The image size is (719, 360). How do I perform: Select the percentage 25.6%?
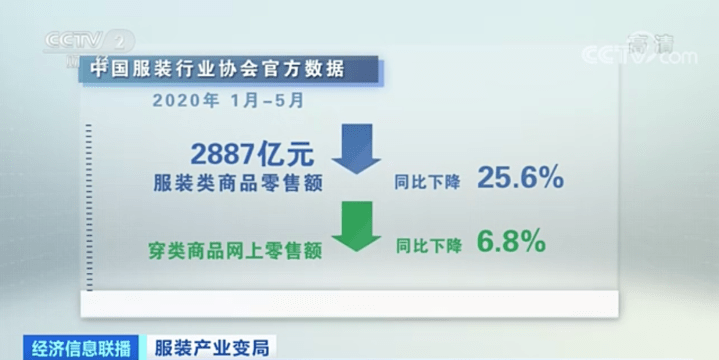[x=520, y=178]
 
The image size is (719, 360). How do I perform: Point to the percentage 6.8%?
[x=510, y=241]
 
